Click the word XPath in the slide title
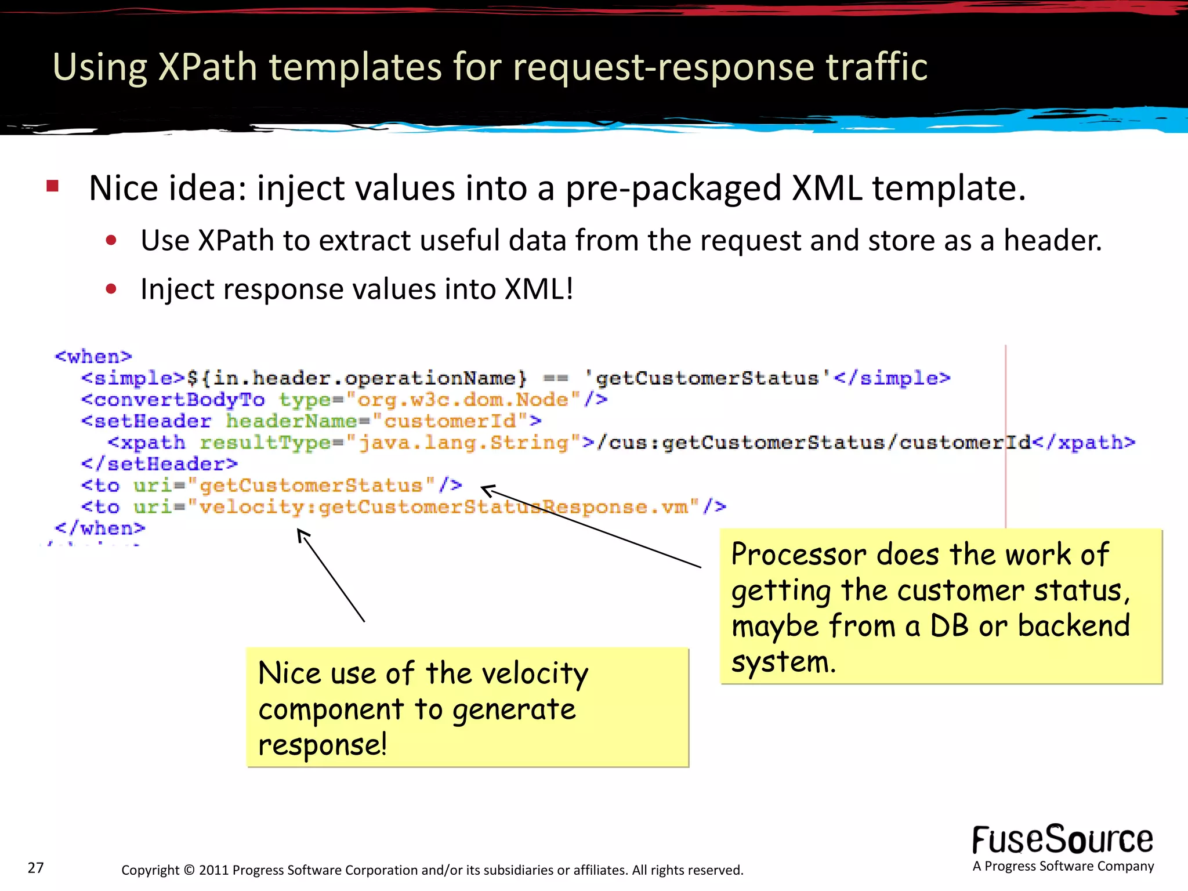tap(207, 67)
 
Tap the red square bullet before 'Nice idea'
tap(53, 186)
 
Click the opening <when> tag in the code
tap(93, 356)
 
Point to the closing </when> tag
tap(99, 528)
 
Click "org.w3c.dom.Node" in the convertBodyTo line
tap(463, 399)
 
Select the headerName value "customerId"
tap(450, 421)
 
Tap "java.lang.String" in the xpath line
tap(462, 443)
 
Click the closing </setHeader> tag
tap(159, 464)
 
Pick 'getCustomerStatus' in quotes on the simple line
tap(707, 378)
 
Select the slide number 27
tap(35, 868)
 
